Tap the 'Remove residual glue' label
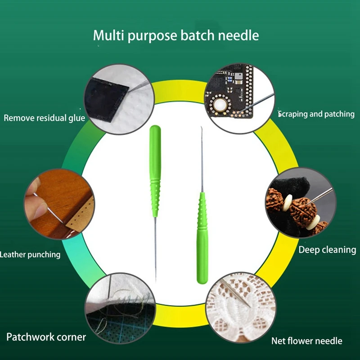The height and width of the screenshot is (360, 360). point(44,118)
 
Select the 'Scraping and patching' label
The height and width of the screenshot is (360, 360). point(316,114)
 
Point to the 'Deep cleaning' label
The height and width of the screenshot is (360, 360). point(327,250)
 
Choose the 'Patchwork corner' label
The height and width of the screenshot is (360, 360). point(46,337)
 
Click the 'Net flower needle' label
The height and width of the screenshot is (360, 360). point(306,341)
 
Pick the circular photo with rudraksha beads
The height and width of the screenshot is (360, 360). point(299,203)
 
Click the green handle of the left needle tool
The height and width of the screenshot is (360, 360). point(154,171)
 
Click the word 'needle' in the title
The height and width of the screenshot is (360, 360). point(238,36)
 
